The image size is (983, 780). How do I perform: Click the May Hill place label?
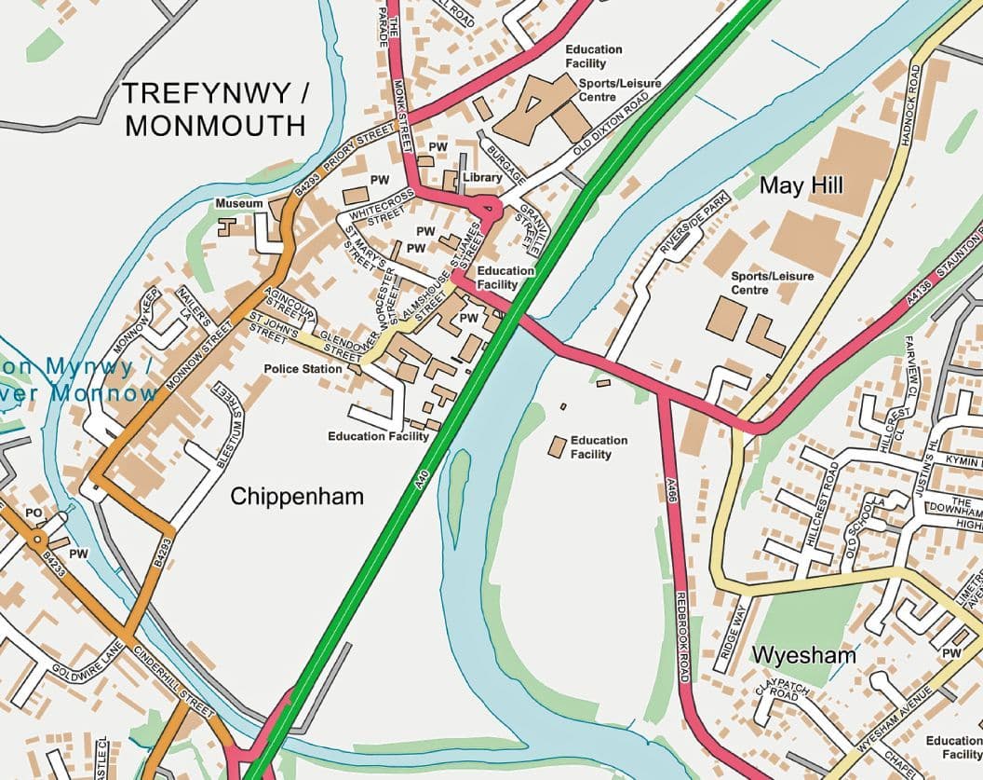pos(801,185)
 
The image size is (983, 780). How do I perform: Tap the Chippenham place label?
pos(297,497)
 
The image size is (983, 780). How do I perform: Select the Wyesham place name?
pos(803,655)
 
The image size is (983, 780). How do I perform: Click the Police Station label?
pos(303,369)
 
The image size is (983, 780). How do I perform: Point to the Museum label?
pos(239,203)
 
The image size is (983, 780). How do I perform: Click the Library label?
pos(481,177)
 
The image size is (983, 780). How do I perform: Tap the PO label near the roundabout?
pos(34,513)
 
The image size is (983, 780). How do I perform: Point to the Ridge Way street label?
pos(733,632)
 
